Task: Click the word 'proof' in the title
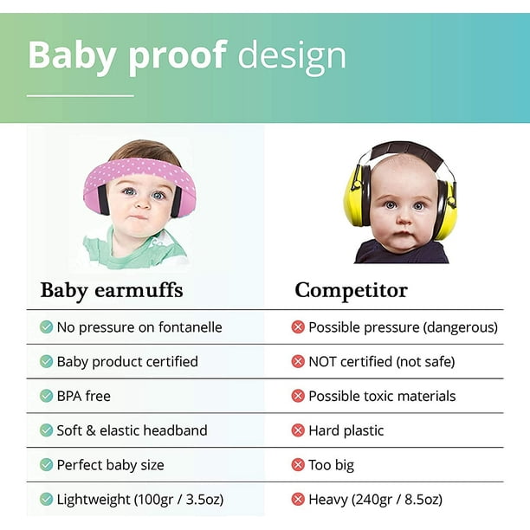(178, 56)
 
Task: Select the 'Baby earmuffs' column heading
(112, 290)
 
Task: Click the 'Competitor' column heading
(352, 290)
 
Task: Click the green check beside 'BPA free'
(46, 396)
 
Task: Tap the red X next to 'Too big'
(298, 465)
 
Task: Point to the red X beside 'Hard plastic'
(298, 430)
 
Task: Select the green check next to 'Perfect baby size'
(46, 465)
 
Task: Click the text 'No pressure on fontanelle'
(139, 327)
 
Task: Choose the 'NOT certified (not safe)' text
(382, 362)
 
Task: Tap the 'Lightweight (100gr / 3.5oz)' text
(140, 499)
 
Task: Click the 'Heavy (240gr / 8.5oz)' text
(375, 499)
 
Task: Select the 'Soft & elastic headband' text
(132, 430)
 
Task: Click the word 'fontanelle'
(190, 327)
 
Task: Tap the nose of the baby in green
(142, 202)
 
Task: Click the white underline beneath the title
(81, 95)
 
